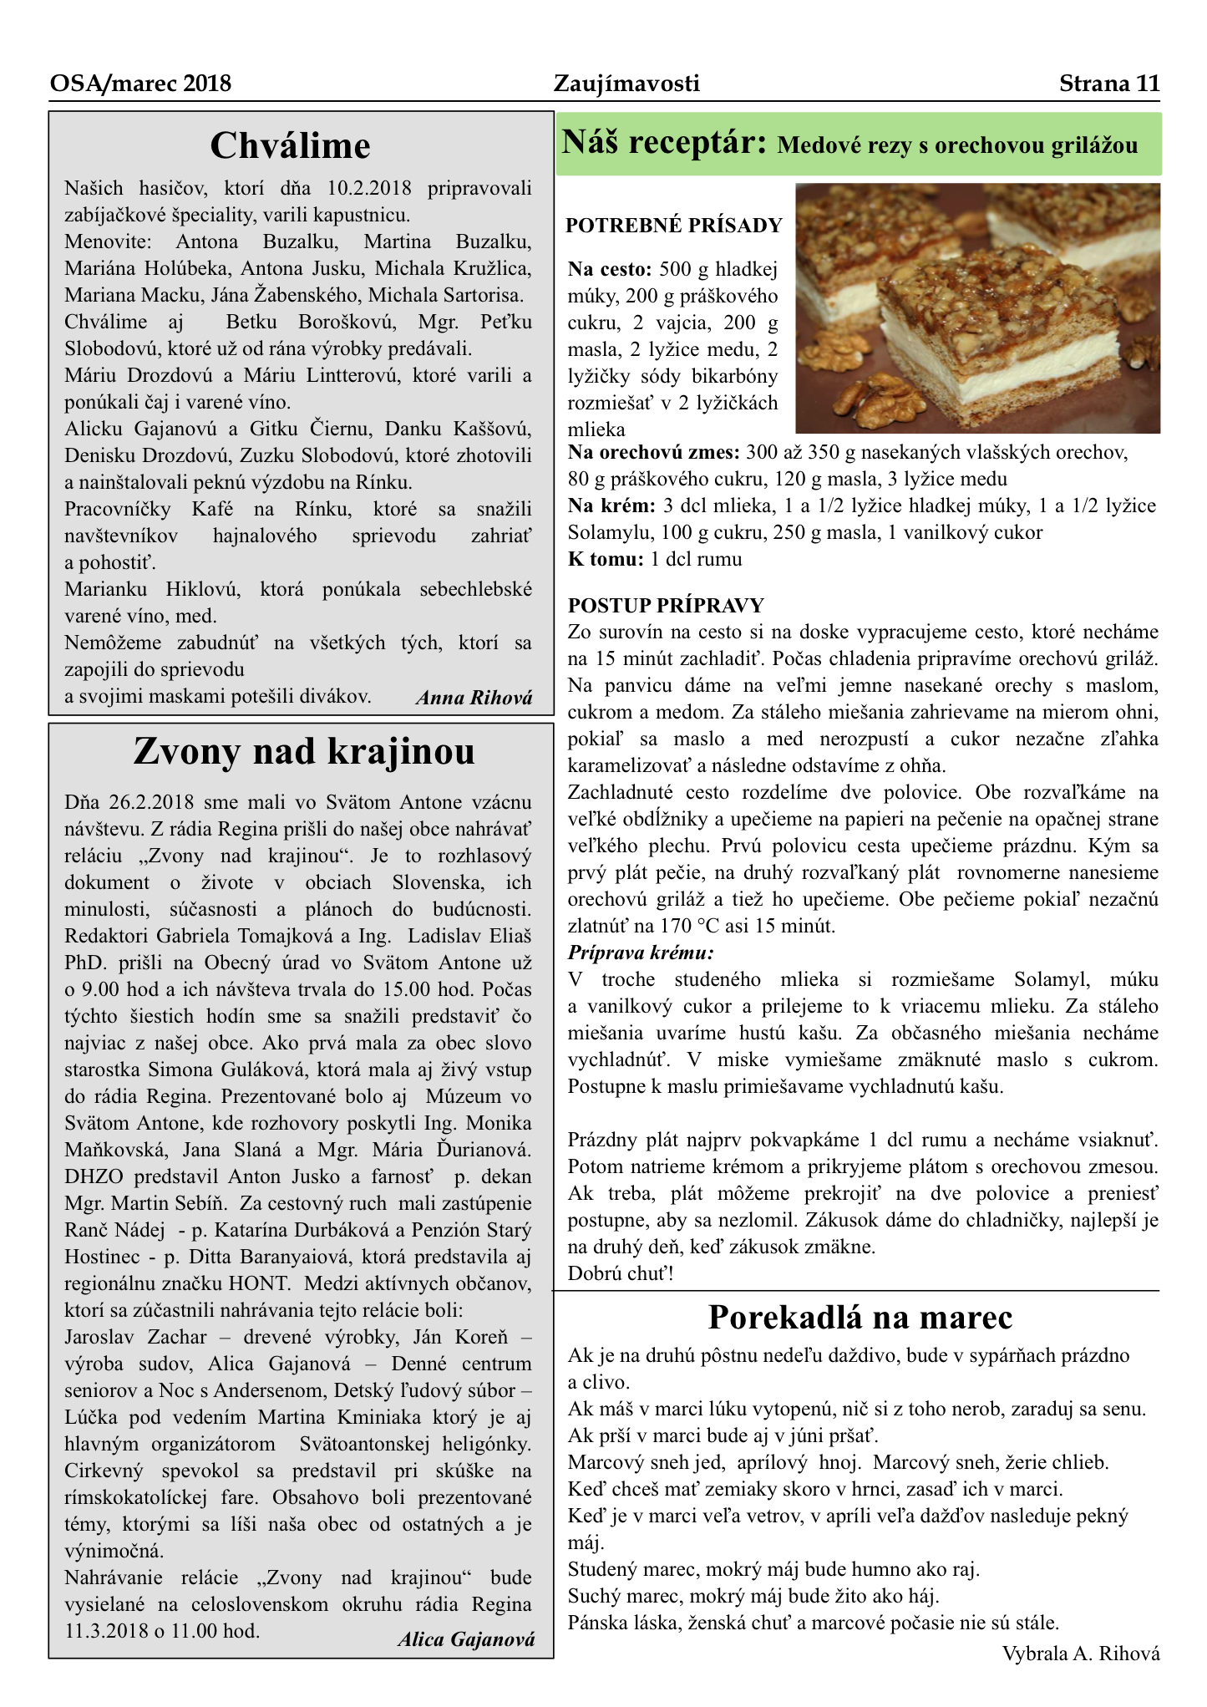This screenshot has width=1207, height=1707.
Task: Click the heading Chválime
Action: pos(290,146)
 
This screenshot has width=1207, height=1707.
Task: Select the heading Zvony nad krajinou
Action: pos(304,751)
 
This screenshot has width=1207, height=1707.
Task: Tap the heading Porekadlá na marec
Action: pos(860,1318)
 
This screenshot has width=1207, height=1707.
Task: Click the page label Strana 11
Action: pos(1109,84)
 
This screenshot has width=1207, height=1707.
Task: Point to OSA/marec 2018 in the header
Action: pos(140,84)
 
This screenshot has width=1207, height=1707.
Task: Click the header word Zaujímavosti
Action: pos(626,84)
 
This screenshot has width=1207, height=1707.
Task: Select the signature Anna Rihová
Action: pos(474,699)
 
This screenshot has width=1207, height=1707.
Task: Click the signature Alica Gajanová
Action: pos(466,1639)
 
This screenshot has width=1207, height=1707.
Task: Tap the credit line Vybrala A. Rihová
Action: pos(1081,1653)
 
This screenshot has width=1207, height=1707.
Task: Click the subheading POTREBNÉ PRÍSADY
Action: pos(674,226)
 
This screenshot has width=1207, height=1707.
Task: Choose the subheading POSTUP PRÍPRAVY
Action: pos(666,606)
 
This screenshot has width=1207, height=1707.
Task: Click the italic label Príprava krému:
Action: pos(641,953)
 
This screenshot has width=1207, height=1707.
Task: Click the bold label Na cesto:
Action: pos(609,269)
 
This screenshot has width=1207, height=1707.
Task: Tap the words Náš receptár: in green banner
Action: pos(664,144)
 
